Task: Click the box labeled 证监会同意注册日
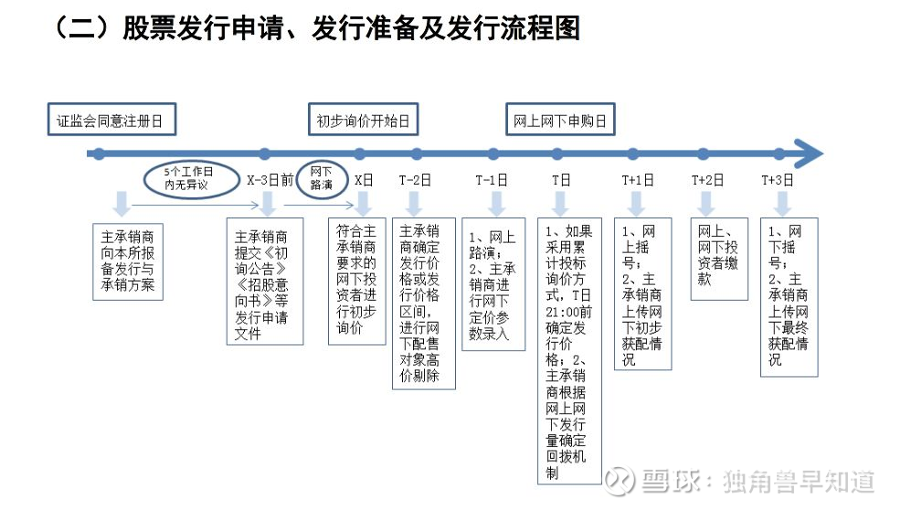[111, 120]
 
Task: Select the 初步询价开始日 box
[363, 120]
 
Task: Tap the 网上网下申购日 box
[560, 120]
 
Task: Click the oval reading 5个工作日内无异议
[191, 179]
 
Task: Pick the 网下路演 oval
[322, 179]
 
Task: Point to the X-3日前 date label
[270, 180]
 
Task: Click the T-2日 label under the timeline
[415, 180]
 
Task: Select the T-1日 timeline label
[492, 180]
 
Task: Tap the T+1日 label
[638, 180]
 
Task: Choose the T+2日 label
[707, 180]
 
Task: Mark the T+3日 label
[778, 180]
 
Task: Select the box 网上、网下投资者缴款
[719, 259]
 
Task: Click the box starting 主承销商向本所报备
[128, 261]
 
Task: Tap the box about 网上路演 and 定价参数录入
[493, 284]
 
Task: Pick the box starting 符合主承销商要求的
[357, 281]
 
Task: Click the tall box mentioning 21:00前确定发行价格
[569, 351]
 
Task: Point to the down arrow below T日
[560, 204]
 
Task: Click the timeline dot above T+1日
[633, 154]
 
